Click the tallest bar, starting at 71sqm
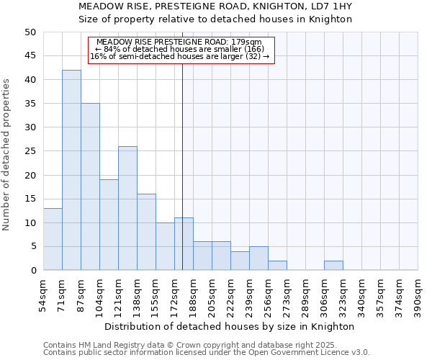tap(71, 170)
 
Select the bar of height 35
tap(90, 186)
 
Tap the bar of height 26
tap(127, 208)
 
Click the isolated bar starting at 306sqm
tap(333, 266)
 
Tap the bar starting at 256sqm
tap(277, 266)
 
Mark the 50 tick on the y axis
tap(30, 32)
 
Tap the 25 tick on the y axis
tap(30, 151)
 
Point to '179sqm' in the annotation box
tap(257, 42)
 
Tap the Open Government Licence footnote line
tap(206, 353)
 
